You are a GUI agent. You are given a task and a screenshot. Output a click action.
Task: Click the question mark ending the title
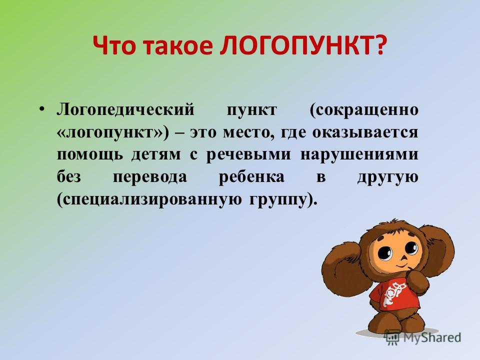coord(379,45)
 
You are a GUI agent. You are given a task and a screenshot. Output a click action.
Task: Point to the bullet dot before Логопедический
coord(42,109)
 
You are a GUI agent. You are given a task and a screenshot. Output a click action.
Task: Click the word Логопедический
coord(125,110)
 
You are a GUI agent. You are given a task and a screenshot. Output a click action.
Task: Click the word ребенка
coord(251,176)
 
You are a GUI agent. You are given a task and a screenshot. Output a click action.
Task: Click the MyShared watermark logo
coord(423,337)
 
